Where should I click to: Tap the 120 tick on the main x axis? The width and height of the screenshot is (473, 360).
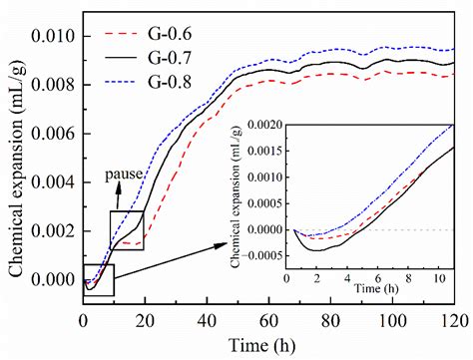[453, 321]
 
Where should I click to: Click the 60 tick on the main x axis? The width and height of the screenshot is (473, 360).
[268, 321]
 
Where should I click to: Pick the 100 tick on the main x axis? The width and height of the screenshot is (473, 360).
[391, 321]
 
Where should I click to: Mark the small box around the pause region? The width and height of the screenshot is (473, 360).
[127, 228]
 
